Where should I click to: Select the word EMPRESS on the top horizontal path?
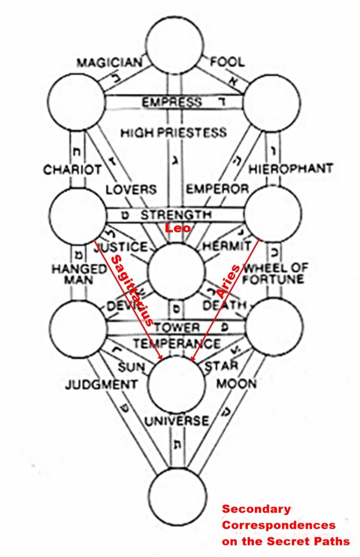[x=172, y=102]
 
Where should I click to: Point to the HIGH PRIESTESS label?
[x=174, y=132]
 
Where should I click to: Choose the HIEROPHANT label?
[x=290, y=169]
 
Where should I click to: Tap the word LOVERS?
[x=131, y=189]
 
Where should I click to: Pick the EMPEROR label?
[x=217, y=189]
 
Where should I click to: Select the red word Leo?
[x=178, y=228]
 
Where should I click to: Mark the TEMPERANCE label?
[x=177, y=344]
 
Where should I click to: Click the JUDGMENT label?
[x=101, y=385]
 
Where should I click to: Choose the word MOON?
[x=236, y=384]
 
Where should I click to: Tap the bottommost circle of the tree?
[x=178, y=495]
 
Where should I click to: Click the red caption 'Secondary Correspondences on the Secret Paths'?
[x=285, y=525]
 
